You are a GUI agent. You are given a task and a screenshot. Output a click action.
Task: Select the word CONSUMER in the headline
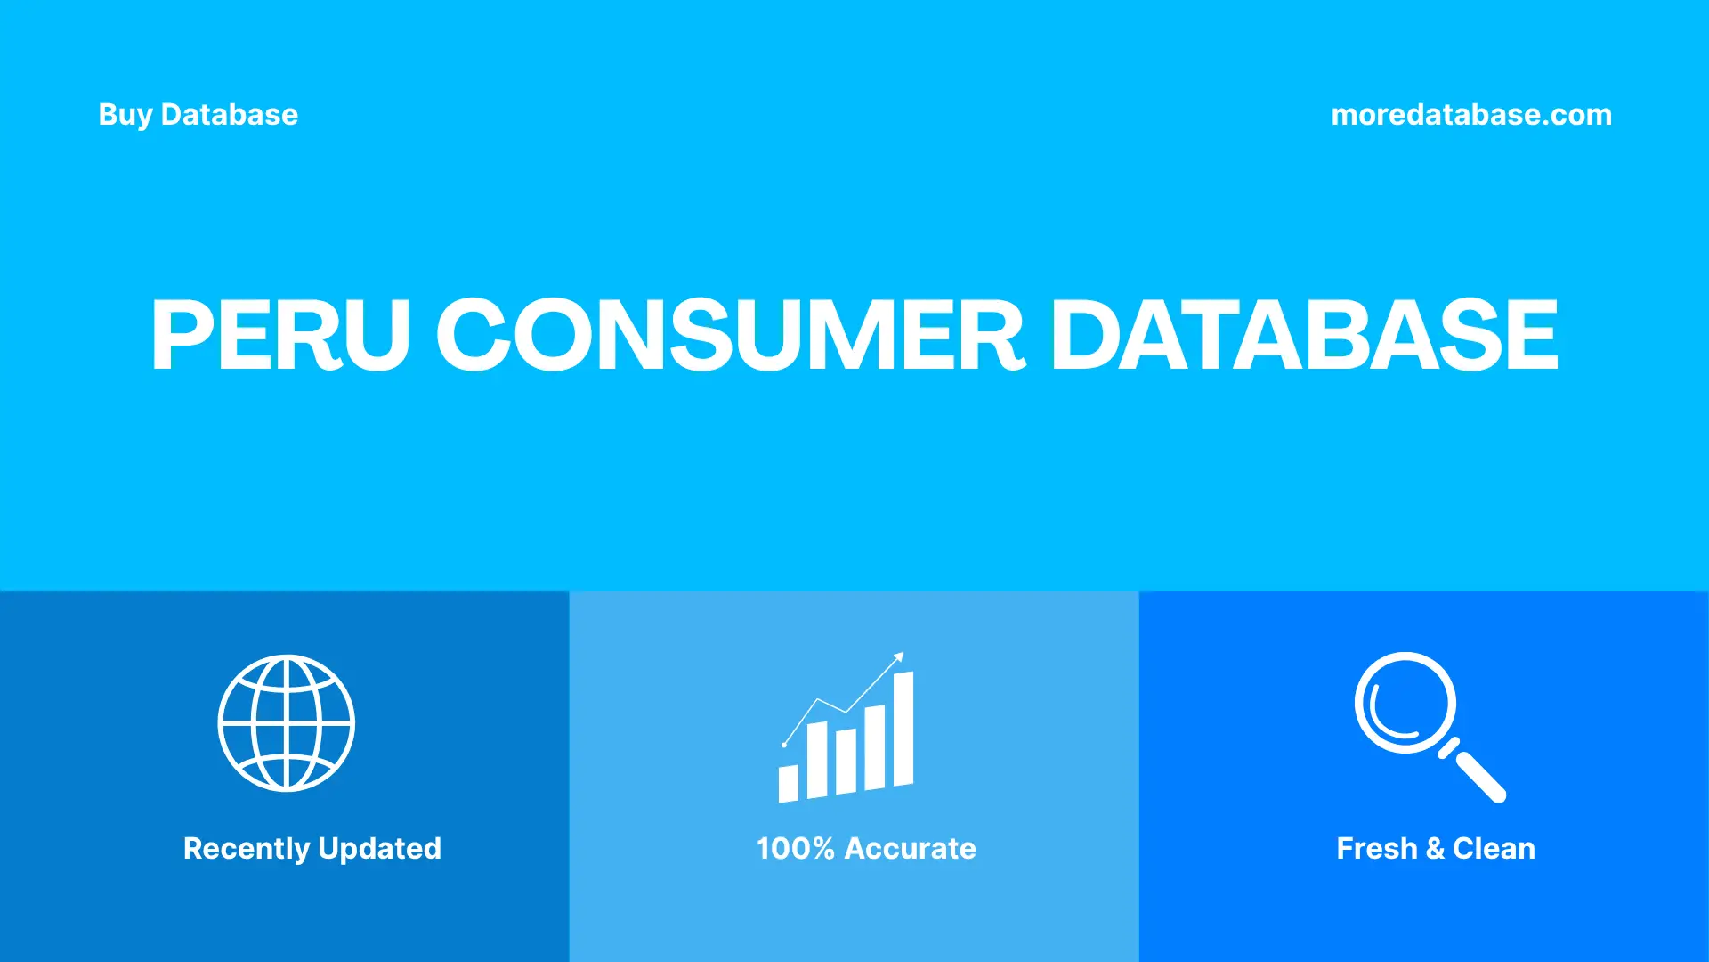tap(730, 335)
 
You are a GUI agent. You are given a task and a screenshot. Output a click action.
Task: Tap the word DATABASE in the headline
tap(1305, 335)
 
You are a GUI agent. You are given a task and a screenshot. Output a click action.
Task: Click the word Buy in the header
tap(126, 115)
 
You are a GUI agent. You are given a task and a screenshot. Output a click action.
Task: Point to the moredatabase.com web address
tap(1471, 115)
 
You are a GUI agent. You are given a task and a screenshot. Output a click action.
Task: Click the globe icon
tap(287, 723)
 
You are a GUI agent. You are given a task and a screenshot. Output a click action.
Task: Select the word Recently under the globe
tap(246, 849)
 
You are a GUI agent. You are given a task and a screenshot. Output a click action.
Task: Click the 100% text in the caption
tap(795, 848)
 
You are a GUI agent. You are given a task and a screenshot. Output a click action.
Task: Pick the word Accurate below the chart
tap(910, 848)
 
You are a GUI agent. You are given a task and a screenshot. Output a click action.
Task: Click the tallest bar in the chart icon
tap(903, 729)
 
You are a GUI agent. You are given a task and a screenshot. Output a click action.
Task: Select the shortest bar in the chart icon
tap(789, 783)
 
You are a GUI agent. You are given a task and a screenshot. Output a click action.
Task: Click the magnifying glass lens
tap(1405, 703)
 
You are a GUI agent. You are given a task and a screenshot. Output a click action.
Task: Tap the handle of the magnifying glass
tap(1480, 777)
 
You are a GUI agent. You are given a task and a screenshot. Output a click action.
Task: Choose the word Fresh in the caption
tap(1376, 849)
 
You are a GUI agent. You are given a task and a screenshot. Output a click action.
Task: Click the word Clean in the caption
tap(1494, 849)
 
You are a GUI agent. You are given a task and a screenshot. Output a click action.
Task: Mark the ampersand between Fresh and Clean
tap(1435, 849)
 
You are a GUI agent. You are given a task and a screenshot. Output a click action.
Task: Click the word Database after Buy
tap(230, 115)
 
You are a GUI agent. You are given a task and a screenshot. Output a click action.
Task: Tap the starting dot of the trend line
tap(784, 744)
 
